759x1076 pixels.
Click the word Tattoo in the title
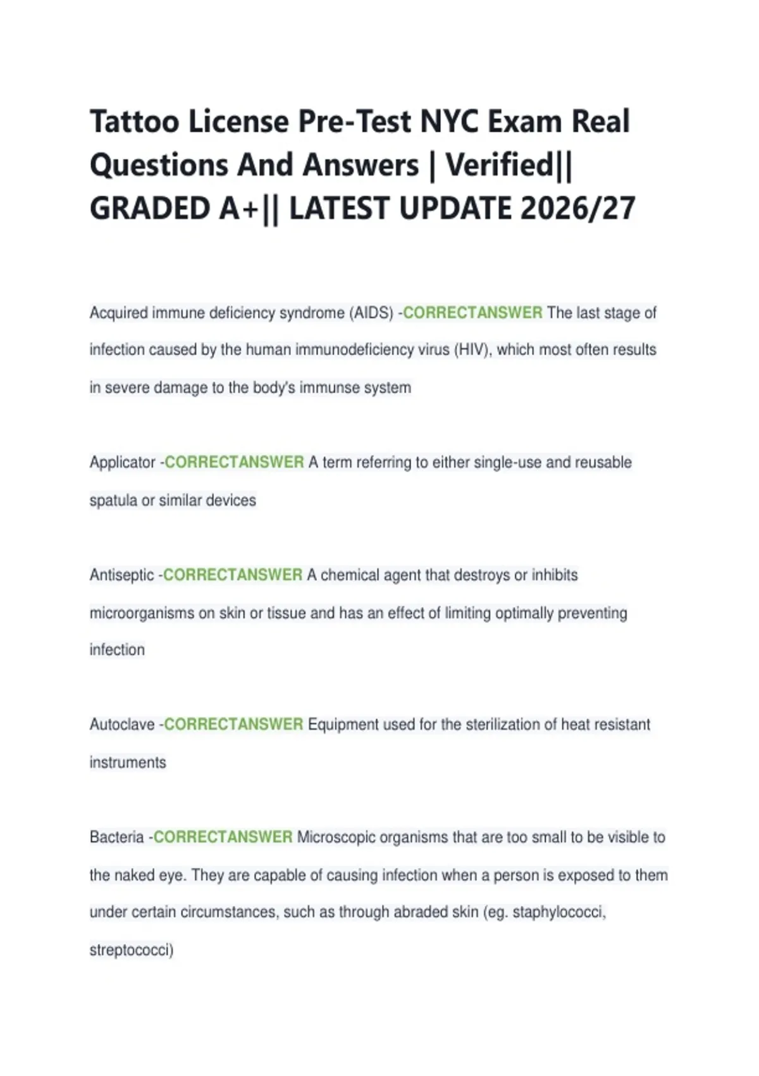click(x=134, y=121)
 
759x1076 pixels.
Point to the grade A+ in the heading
click(x=238, y=208)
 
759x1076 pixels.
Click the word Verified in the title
click(x=500, y=165)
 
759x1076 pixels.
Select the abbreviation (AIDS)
click(x=371, y=313)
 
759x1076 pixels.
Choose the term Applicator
click(x=122, y=462)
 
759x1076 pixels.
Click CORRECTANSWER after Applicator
click(x=234, y=462)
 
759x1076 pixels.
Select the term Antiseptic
click(x=121, y=575)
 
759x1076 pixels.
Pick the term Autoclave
click(x=122, y=724)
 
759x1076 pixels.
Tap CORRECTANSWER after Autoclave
click(x=233, y=724)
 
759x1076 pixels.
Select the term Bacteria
click(x=116, y=837)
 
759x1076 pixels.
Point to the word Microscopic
click(x=336, y=837)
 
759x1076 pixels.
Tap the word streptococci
click(x=131, y=950)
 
